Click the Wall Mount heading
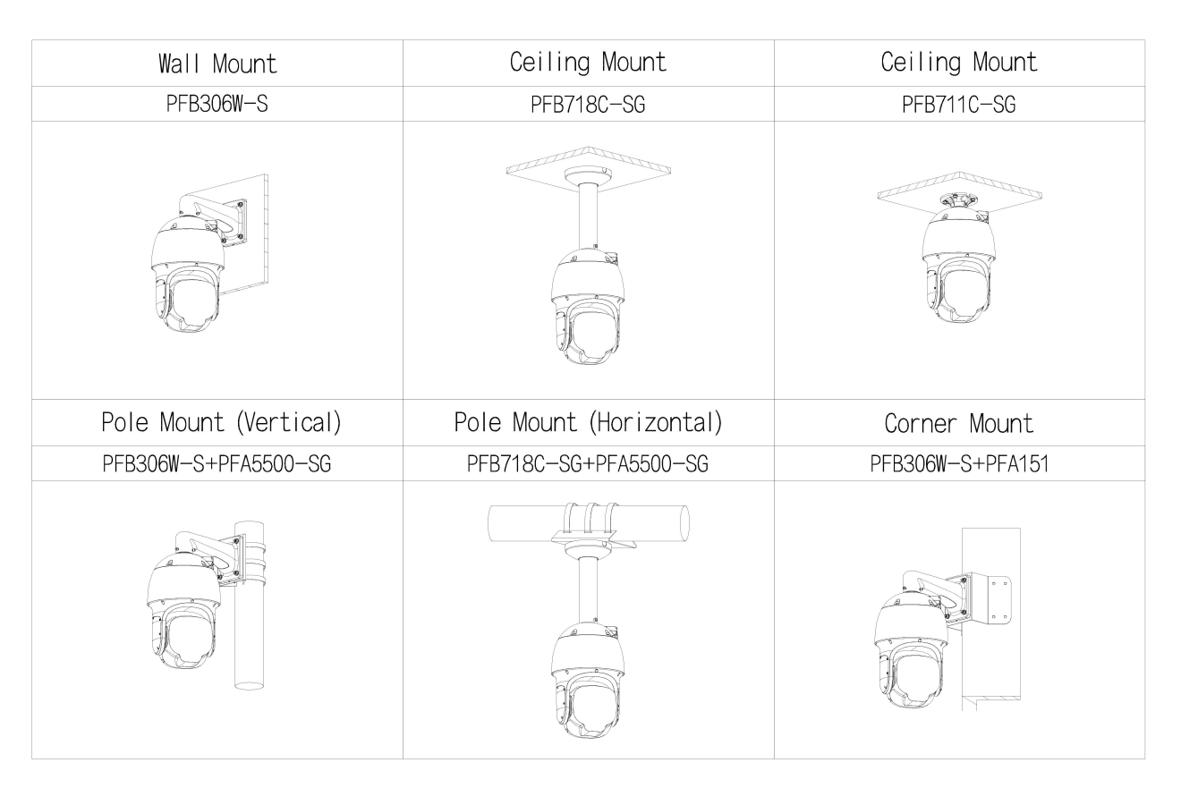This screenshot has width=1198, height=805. click(217, 64)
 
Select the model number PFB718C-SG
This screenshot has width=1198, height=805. click(588, 105)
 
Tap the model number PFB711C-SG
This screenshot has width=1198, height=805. click(958, 105)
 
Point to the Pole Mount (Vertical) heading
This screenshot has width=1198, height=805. click(221, 422)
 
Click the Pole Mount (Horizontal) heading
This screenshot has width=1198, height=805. click(588, 422)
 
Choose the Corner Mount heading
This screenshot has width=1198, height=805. click(958, 423)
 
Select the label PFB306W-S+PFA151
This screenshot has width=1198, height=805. click(959, 463)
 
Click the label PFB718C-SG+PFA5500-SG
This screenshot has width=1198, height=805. click(587, 463)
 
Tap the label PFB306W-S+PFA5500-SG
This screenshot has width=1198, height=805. click(217, 463)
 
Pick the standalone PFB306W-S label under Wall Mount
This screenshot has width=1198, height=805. click(217, 104)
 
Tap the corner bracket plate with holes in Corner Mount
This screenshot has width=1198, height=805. click(990, 599)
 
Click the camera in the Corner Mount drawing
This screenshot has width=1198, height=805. click(912, 652)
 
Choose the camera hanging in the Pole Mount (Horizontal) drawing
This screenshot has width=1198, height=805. click(589, 681)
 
